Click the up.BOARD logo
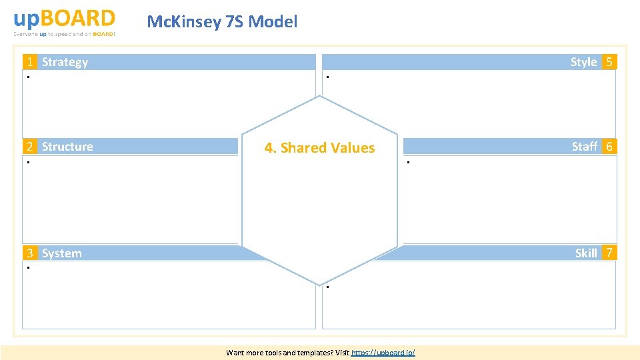64,18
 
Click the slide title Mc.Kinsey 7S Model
222,22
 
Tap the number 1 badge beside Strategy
30,62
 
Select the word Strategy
65,62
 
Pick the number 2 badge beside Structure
30,147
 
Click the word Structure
67,147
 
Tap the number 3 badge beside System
30,253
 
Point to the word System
62,253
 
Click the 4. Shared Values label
319,148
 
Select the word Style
583,62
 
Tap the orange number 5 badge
609,62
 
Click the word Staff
584,147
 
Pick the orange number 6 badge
609,147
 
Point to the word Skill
586,253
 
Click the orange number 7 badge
609,253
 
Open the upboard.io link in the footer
383,352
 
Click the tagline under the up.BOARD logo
64,33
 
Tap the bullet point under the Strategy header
29,78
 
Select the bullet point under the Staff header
408,163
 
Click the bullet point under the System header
29,268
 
